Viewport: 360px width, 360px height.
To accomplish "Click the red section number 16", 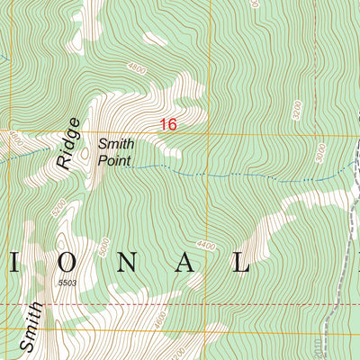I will [x=168, y=125].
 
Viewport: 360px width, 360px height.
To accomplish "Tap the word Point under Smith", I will [x=115, y=162].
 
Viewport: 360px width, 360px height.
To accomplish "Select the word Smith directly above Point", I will [x=116, y=143].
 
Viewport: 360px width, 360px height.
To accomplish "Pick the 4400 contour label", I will [x=207, y=245].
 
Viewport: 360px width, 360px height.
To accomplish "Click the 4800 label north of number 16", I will [x=137, y=67].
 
